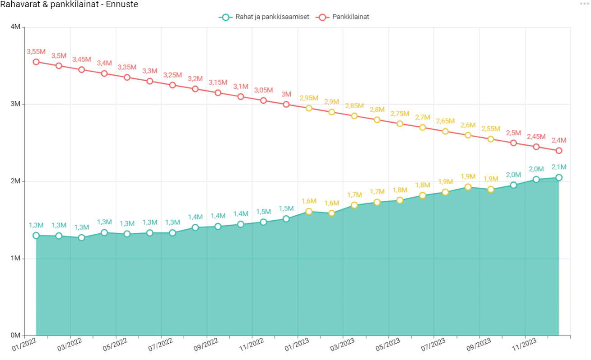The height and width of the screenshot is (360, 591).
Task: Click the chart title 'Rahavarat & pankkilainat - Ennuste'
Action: coord(69,5)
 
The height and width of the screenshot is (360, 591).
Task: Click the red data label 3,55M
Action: coord(36,52)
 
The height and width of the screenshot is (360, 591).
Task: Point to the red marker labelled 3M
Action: coord(286,104)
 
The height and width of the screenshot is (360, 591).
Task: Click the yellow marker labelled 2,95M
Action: coord(309,108)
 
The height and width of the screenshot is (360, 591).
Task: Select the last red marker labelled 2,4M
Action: coord(559,151)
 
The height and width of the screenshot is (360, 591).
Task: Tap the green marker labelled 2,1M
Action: coord(559,178)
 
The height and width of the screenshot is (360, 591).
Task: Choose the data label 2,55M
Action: coord(491,129)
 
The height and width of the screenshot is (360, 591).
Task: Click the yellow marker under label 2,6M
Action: coord(468,135)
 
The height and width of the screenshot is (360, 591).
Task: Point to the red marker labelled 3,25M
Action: coord(172,85)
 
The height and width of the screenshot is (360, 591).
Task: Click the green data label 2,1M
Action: coord(559,167)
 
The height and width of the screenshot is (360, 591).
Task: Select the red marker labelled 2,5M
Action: coord(513,143)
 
